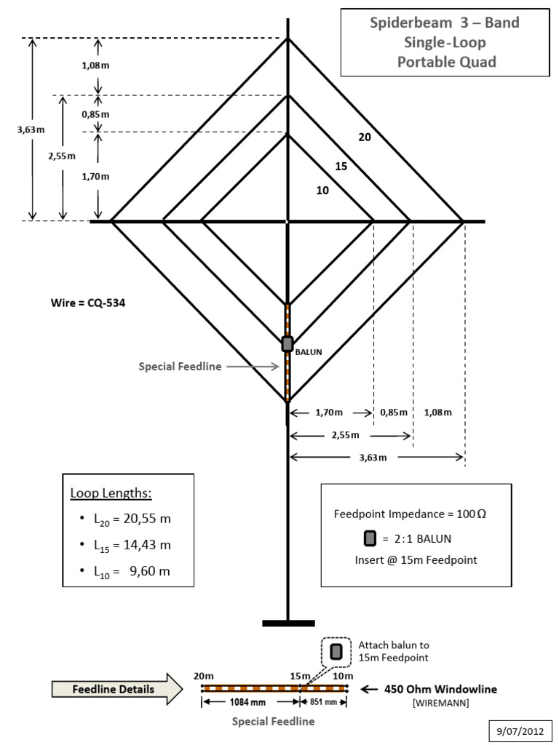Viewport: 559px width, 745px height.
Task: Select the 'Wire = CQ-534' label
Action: [83, 304]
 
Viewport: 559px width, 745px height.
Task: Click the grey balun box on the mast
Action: [288, 343]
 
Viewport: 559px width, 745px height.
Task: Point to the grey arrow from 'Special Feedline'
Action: [254, 367]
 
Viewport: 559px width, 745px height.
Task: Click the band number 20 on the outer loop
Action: [365, 136]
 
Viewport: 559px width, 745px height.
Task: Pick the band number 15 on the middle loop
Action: [341, 167]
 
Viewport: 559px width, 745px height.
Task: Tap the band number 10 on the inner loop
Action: [322, 191]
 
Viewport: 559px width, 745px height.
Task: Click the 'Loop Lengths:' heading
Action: [111, 493]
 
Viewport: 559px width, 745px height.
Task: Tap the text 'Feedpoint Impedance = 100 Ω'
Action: [410, 514]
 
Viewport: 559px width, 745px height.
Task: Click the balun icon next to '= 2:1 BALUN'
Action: [370, 539]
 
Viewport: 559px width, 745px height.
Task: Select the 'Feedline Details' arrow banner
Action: [116, 689]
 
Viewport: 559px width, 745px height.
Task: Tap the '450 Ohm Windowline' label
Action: [441, 689]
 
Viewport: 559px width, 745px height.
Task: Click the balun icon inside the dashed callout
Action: [336, 651]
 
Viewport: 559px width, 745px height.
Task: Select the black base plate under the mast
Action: [288, 623]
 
